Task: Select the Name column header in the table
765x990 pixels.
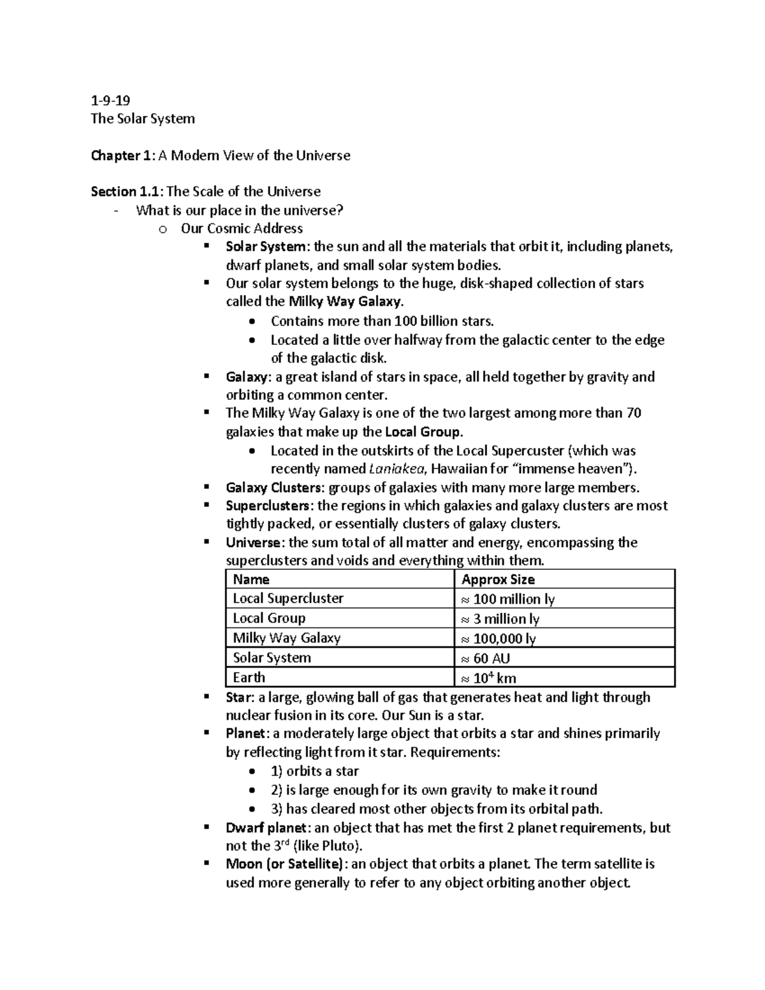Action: click(x=251, y=579)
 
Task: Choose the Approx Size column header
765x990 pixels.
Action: click(x=498, y=579)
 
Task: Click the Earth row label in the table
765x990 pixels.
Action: click(x=249, y=678)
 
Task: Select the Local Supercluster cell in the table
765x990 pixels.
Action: click(x=288, y=599)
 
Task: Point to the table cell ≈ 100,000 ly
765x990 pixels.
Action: click(x=498, y=639)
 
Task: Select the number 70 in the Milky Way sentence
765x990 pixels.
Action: click(x=633, y=413)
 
